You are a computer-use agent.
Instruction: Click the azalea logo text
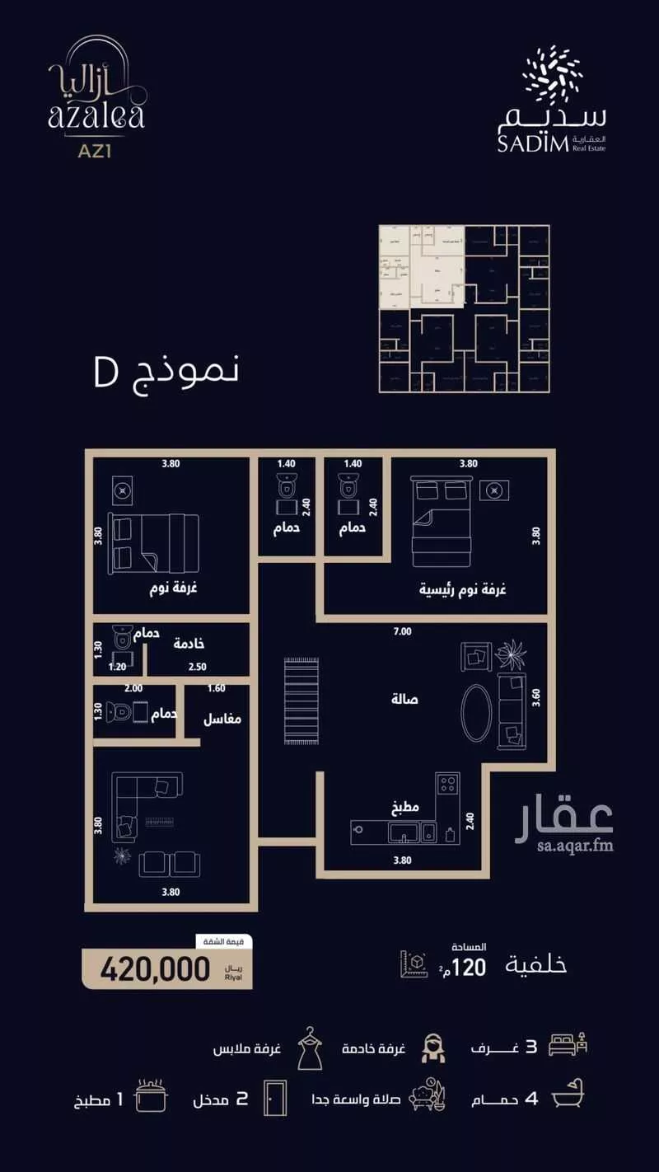tap(96, 111)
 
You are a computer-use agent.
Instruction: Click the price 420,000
tap(156, 969)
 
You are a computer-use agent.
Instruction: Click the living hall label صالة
tap(404, 699)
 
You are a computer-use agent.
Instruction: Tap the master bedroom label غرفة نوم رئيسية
tap(463, 590)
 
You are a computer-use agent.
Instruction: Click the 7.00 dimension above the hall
tap(401, 632)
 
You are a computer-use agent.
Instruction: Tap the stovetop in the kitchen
tap(447, 784)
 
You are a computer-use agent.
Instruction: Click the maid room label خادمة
tap(189, 644)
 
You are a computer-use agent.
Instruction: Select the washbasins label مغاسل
tap(222, 719)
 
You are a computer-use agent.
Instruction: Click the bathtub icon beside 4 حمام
tap(569, 1099)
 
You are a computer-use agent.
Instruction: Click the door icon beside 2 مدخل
tap(274, 1098)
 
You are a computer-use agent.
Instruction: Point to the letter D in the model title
tap(106, 373)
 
